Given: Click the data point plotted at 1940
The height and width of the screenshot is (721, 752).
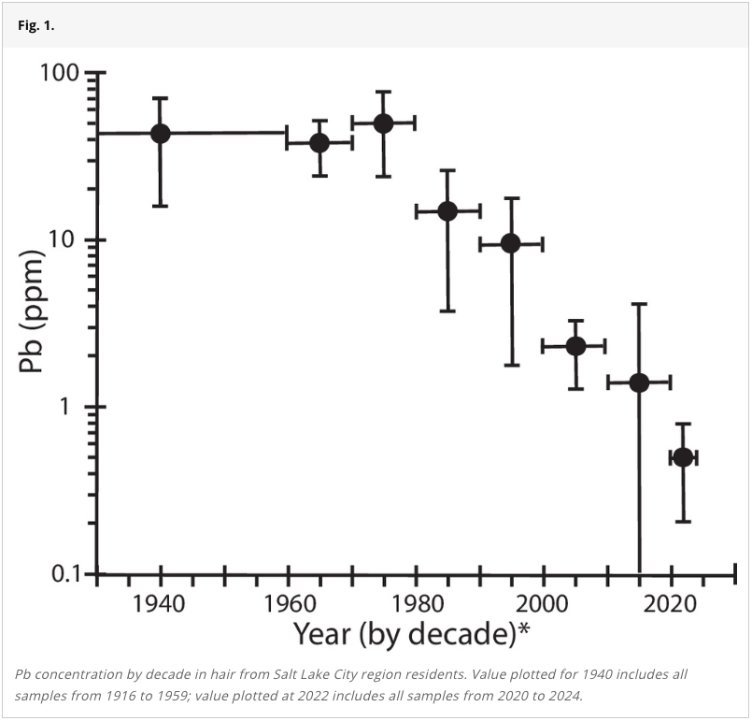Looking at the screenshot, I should pyautogui.click(x=161, y=133).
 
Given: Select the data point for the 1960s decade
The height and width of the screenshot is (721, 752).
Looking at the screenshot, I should pyautogui.click(x=319, y=143).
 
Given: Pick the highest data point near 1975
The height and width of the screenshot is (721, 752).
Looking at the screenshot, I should pyautogui.click(x=383, y=123).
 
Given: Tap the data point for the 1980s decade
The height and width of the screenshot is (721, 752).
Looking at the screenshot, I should pyautogui.click(x=447, y=210).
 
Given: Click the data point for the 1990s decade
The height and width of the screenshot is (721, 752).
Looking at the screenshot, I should pyautogui.click(x=511, y=243).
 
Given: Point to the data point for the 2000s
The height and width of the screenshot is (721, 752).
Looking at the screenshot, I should pyautogui.click(x=575, y=346).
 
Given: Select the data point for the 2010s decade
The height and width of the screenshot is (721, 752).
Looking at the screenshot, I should pyautogui.click(x=639, y=382).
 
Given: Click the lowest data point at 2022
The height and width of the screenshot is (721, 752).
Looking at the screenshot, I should pyautogui.click(x=683, y=457).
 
